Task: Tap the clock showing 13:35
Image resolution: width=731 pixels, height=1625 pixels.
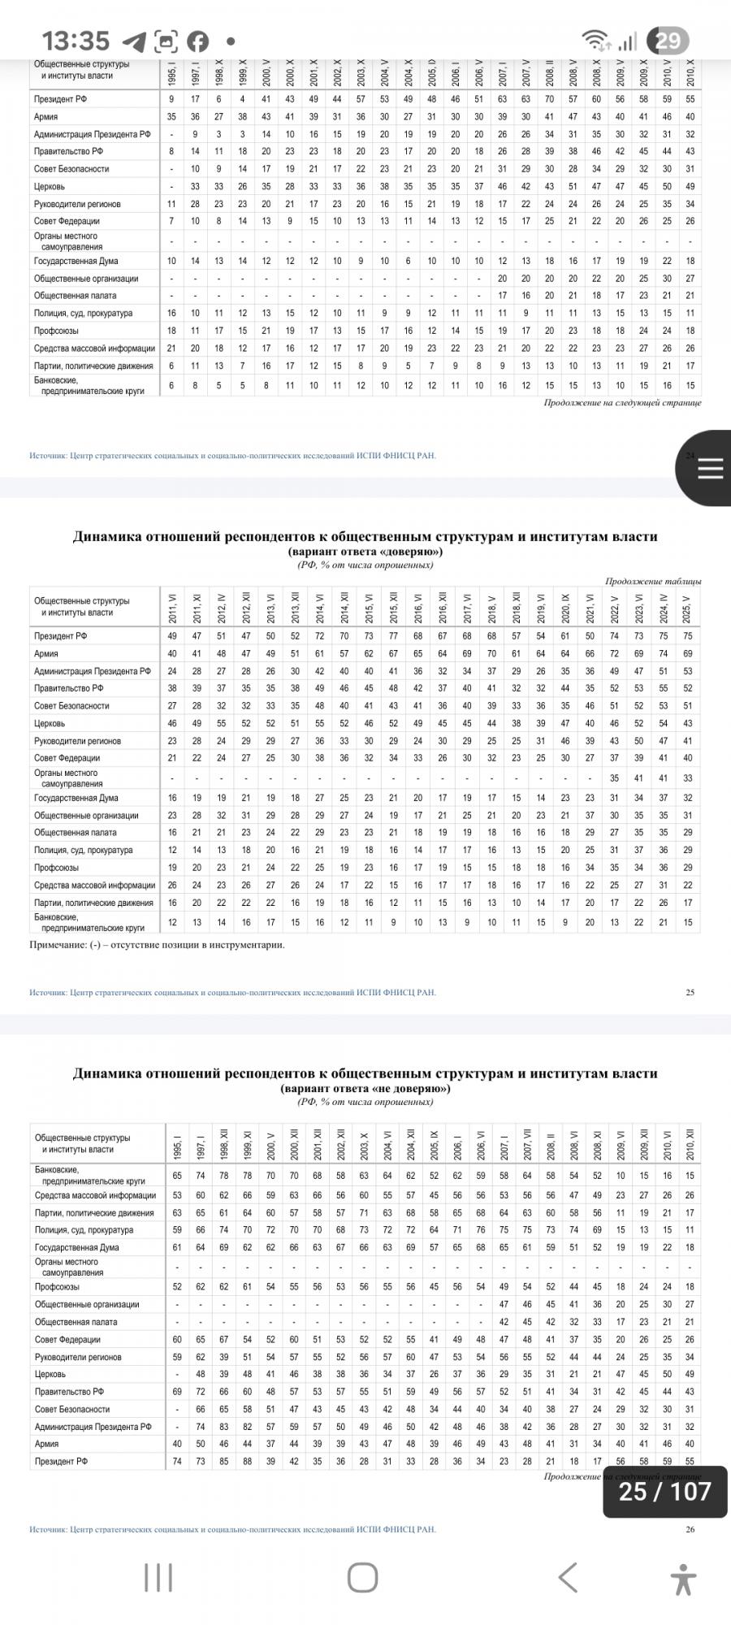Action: [x=76, y=41]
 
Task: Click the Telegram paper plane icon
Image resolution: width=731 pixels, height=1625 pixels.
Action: [x=133, y=41]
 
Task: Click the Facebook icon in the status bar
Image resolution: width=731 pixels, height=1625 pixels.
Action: [x=197, y=41]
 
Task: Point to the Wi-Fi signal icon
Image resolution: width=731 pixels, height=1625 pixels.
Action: [x=596, y=41]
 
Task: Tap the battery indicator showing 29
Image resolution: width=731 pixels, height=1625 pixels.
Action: [x=668, y=41]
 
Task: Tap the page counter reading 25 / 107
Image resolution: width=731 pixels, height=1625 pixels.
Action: [x=664, y=1491]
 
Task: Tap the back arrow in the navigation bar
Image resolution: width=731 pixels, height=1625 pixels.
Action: [x=568, y=1577]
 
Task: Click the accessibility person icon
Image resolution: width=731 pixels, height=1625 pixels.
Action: [x=684, y=1578]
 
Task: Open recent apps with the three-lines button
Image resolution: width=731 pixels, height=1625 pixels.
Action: [x=158, y=1577]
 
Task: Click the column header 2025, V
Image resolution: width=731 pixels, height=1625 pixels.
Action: [x=688, y=606]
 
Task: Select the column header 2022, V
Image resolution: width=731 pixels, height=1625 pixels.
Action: [x=615, y=606]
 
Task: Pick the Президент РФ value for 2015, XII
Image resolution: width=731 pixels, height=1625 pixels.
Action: [x=393, y=636]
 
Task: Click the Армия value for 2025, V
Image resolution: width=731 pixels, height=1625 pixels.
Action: [x=688, y=653]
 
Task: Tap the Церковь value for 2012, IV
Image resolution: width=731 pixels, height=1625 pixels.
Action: [x=221, y=723]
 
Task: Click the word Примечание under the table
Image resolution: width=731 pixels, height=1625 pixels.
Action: [x=55, y=945]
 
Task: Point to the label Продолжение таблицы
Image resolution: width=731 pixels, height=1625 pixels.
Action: [x=653, y=581]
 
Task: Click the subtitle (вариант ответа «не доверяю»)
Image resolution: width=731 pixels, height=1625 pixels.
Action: [x=365, y=1088]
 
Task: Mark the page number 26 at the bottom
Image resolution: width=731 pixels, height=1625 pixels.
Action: [x=690, y=1528]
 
